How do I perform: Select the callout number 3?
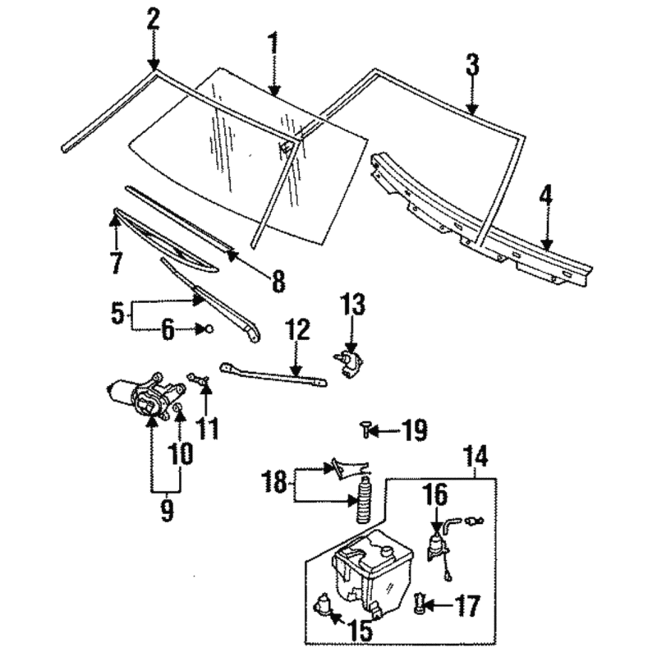coord(472,67)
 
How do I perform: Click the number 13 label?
coord(352,305)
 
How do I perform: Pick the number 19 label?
coord(415,430)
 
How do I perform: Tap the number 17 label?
coord(466,606)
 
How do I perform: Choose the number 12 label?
coord(297,329)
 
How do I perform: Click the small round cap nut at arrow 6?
coord(209,329)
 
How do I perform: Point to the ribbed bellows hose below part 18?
coord(365,499)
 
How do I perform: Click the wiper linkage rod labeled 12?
coord(273,374)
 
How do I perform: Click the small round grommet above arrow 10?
coord(177,407)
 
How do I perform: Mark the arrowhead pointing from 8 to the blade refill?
coord(232,254)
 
